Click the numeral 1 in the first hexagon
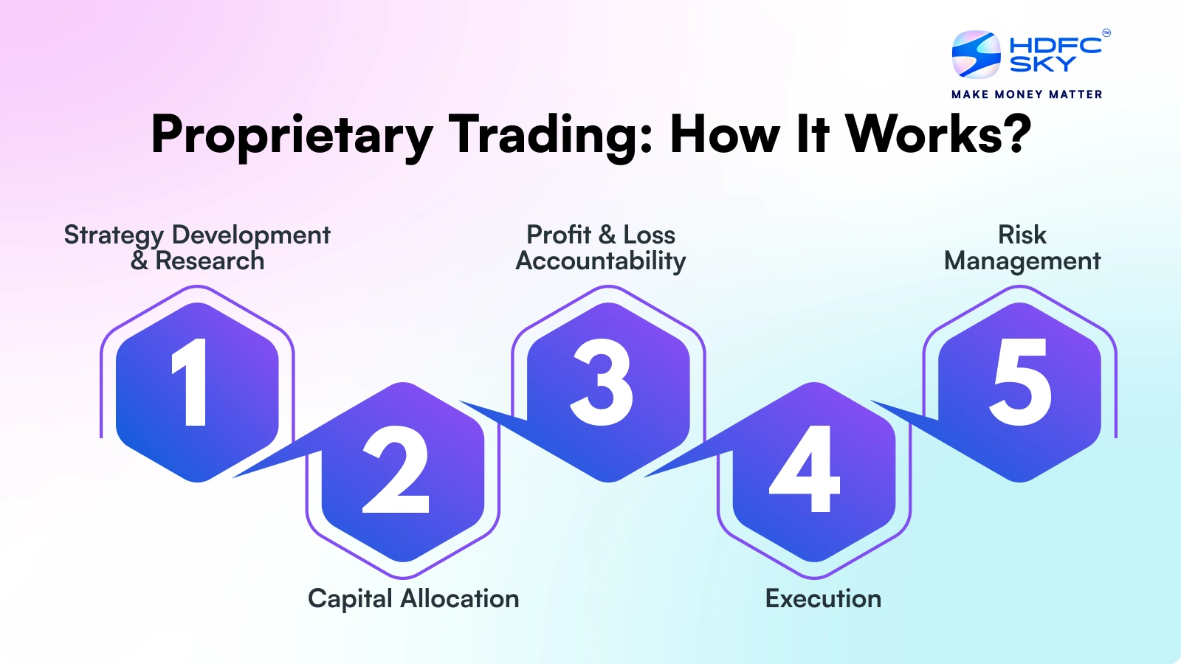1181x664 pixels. click(x=191, y=382)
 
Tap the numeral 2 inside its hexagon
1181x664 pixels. click(x=396, y=469)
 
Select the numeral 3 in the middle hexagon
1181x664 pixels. click(x=602, y=382)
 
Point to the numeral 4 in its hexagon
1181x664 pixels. click(x=805, y=469)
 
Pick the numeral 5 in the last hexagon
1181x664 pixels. click(x=1019, y=382)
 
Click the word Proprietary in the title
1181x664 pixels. click(x=292, y=136)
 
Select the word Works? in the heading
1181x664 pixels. click(x=938, y=134)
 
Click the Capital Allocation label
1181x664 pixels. click(x=413, y=599)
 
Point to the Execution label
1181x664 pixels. click(x=823, y=599)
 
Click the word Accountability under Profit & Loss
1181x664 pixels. click(x=601, y=261)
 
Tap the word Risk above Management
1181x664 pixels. click(x=1022, y=235)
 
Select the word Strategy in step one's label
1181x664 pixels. click(x=114, y=236)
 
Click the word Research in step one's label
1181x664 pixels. click(x=210, y=261)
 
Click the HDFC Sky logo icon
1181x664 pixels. click(x=976, y=55)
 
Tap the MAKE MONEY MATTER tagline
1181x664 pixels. click(x=1027, y=94)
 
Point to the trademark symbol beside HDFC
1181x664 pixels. click(x=1106, y=32)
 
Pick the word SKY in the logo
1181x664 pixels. click(x=1043, y=63)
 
